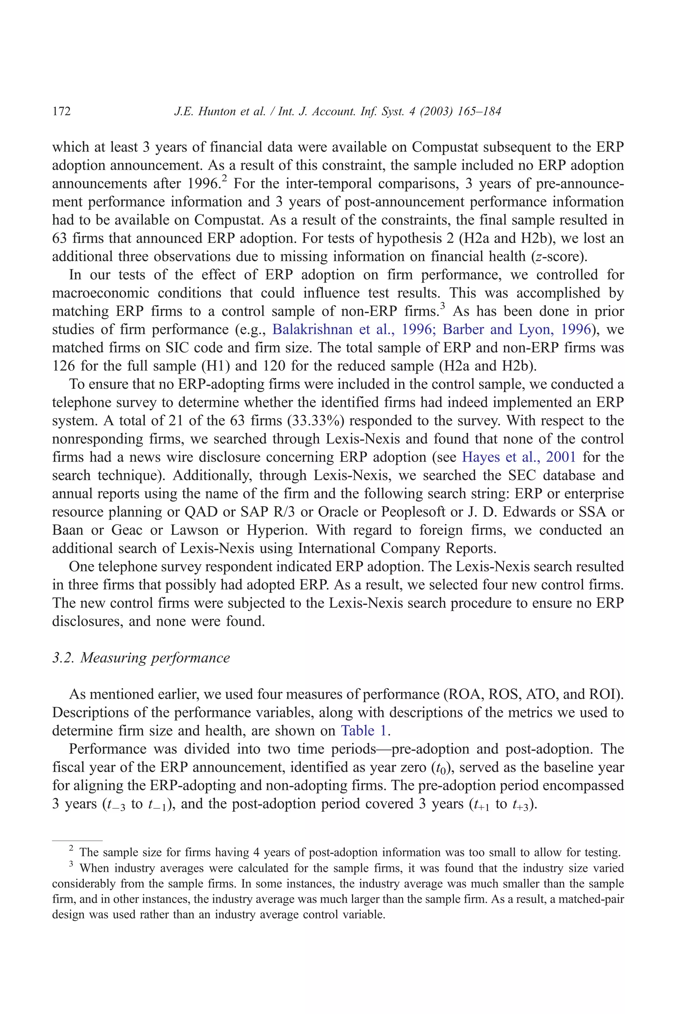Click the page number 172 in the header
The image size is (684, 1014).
[x=61, y=112]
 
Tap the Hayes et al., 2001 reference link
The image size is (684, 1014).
[x=518, y=457]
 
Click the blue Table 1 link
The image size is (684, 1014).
[x=364, y=730]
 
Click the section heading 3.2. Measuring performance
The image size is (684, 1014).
[x=141, y=657]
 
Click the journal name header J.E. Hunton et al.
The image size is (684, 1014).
[x=337, y=112]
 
